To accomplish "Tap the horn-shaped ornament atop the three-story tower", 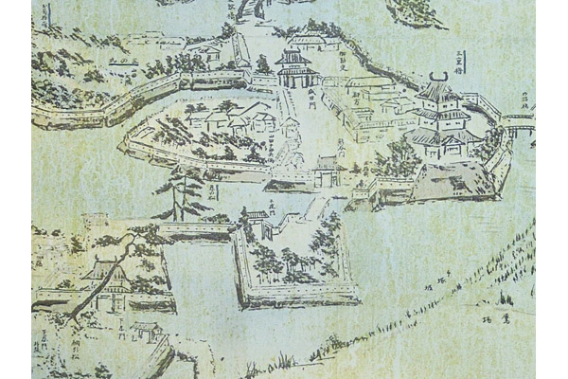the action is point(438,77).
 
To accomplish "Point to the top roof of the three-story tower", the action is point(437,92).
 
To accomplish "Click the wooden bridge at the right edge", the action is point(519,122).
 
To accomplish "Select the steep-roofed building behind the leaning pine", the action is point(106,275).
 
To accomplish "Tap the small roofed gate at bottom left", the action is point(146,331).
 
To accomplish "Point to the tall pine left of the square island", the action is point(183,189).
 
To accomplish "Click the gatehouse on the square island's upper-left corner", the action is point(256,224).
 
